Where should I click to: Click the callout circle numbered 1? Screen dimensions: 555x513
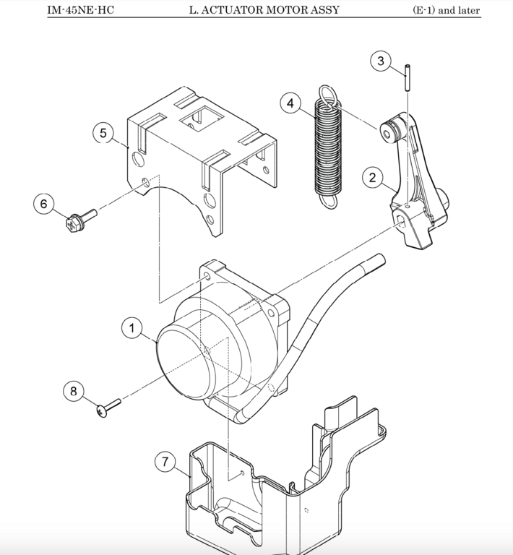point(132,329)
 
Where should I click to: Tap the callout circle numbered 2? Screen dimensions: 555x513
point(373,176)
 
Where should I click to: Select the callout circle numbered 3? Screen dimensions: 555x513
point(381,61)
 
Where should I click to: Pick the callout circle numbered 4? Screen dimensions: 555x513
point(290,103)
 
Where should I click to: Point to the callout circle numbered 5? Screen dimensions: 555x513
point(103,133)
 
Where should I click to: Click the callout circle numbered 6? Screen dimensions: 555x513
point(43,204)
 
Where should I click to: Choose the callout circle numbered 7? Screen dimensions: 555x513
point(165,461)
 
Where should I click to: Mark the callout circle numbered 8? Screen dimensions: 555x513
point(73,391)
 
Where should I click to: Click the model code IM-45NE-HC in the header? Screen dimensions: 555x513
point(81,10)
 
